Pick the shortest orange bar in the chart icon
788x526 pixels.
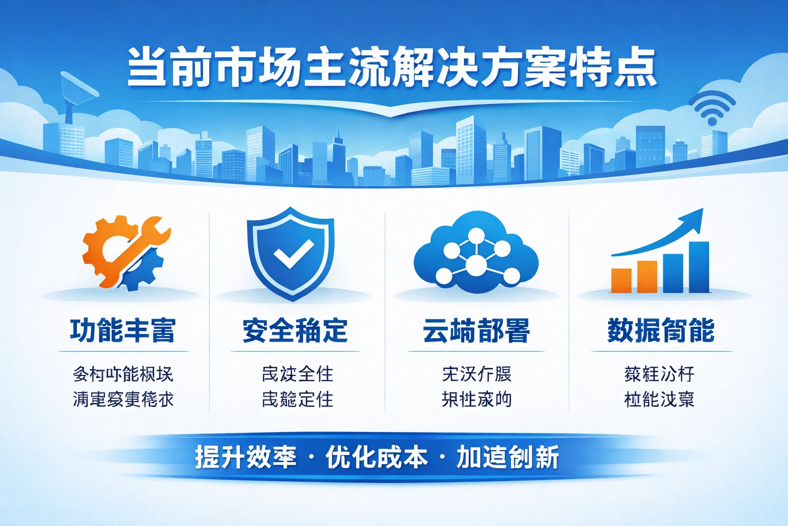click(621, 280)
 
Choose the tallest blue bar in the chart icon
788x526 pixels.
click(699, 267)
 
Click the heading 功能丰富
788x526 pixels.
click(123, 330)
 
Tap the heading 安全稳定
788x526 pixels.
click(295, 330)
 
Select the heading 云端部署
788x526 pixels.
click(476, 330)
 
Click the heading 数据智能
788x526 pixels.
click(661, 330)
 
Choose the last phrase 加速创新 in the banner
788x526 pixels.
click(507, 457)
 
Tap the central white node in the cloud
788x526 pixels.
click(476, 265)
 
